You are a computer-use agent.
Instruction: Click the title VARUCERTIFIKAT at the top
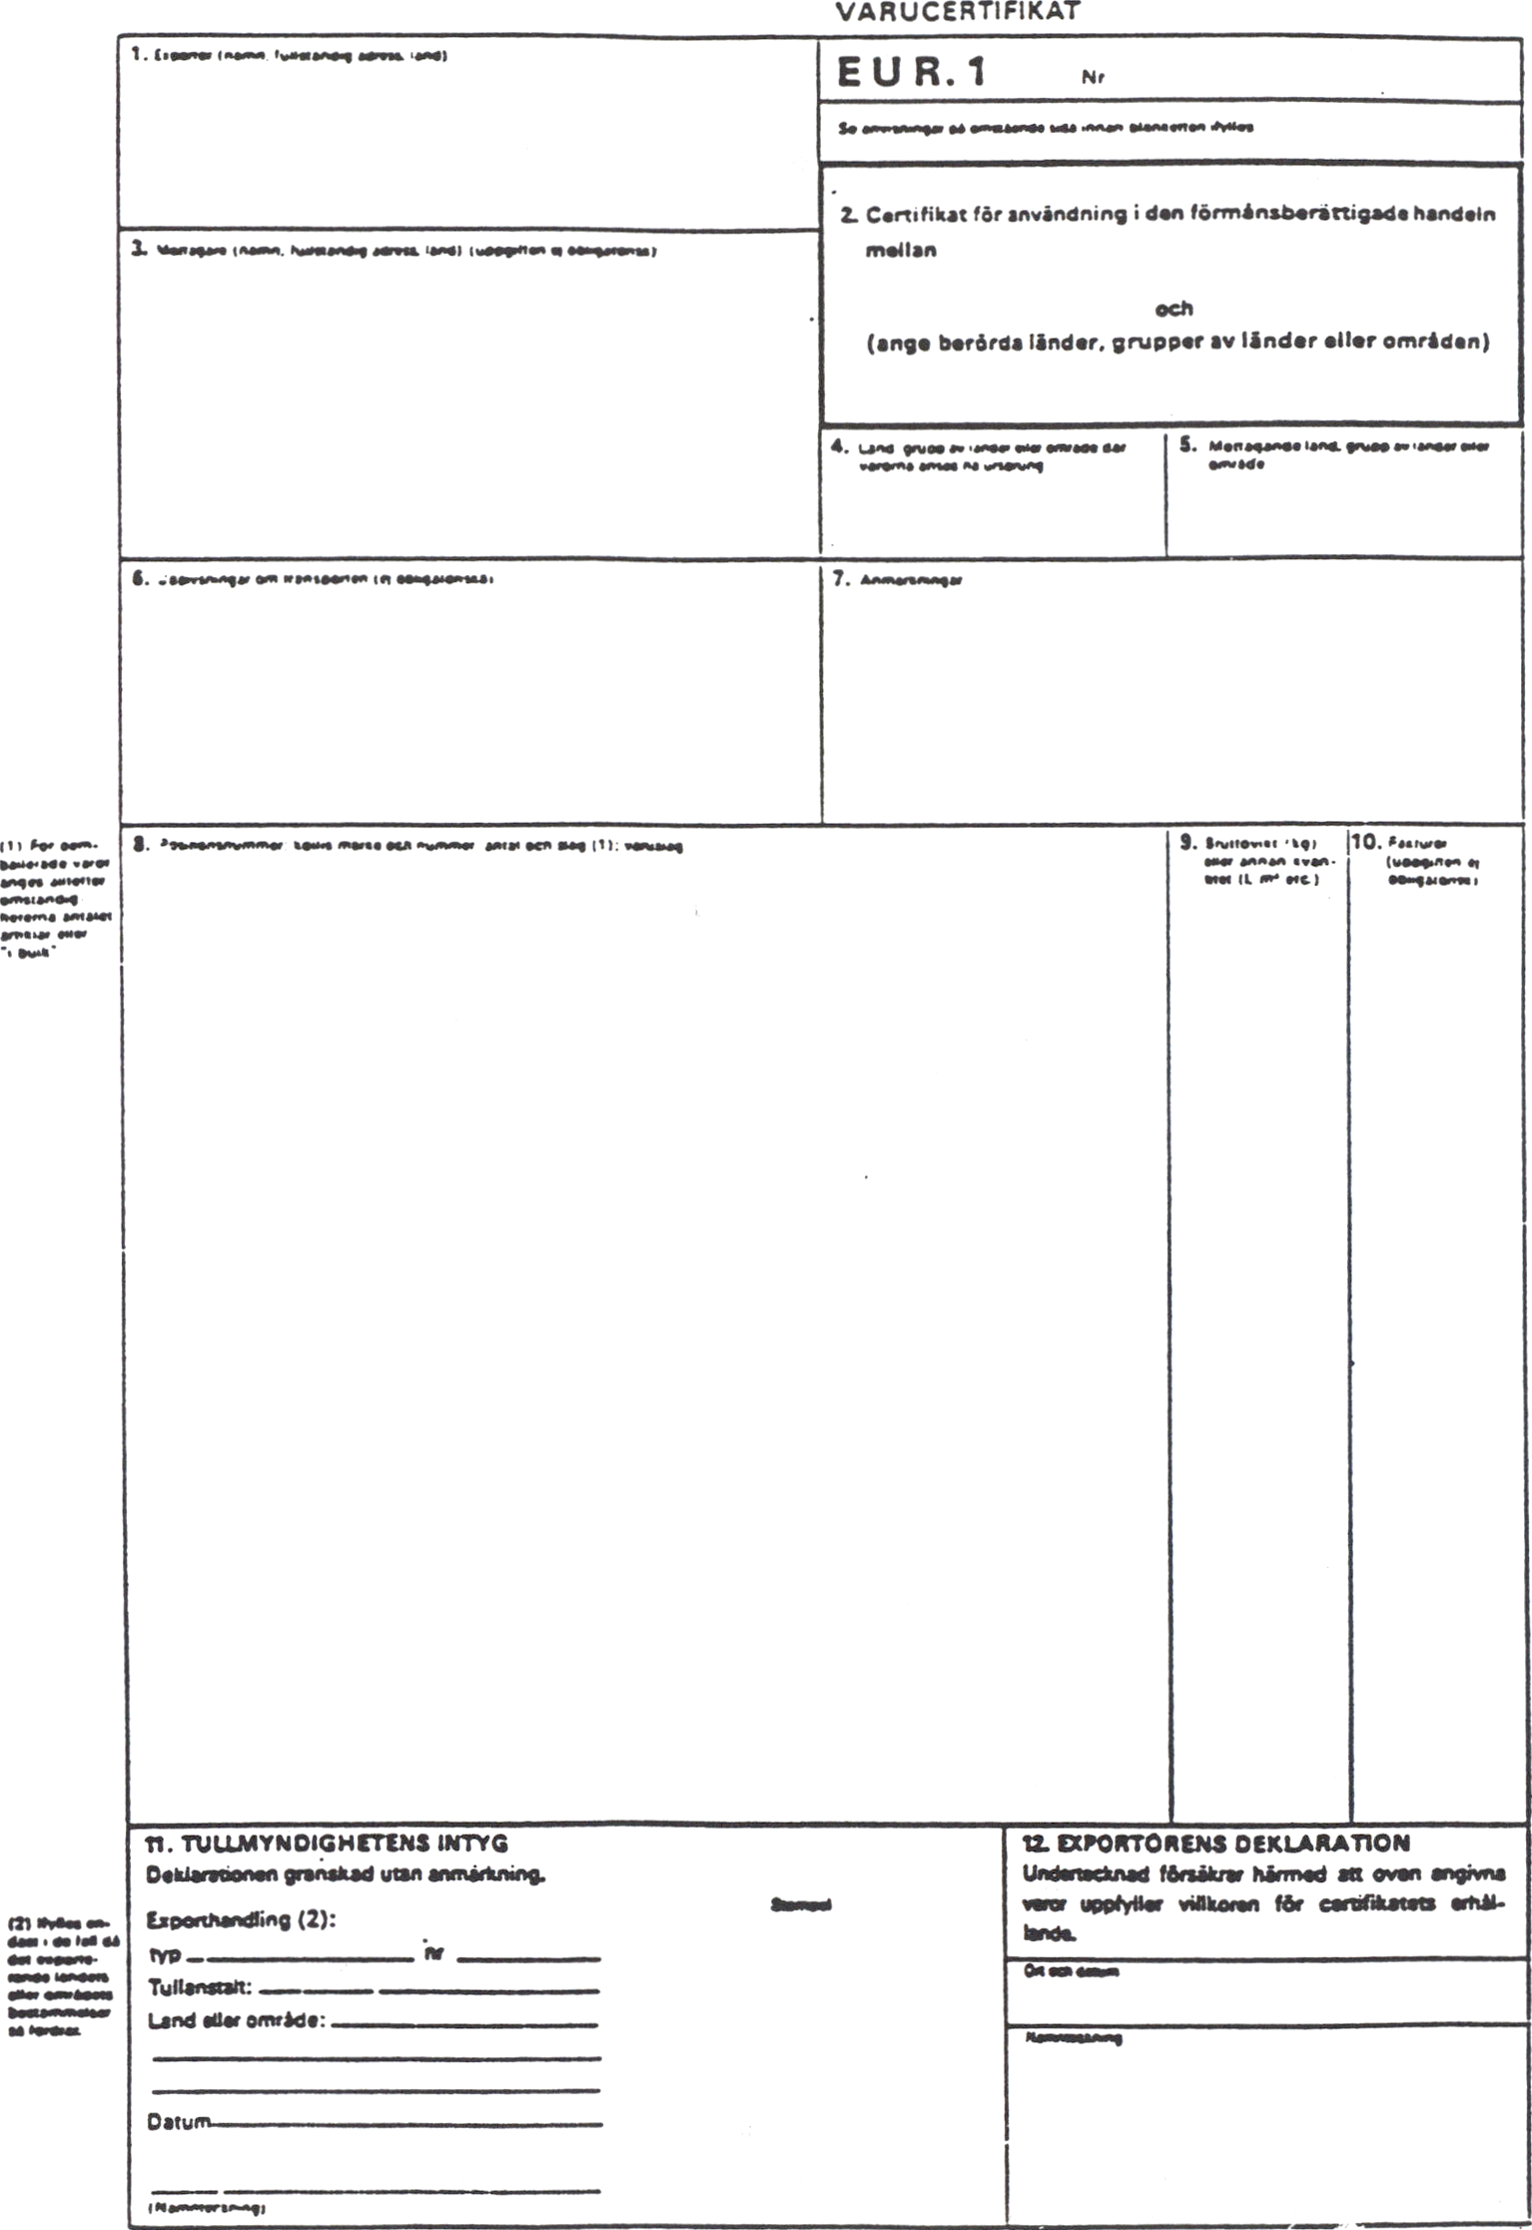point(958,12)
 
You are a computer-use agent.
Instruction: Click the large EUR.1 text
point(912,73)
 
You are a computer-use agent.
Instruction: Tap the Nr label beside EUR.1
point(1093,77)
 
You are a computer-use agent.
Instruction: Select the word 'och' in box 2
point(1173,309)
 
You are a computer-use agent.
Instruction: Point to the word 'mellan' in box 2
point(901,251)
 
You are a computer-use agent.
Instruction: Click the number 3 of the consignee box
point(138,249)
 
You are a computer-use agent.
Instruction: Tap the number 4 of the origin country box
point(839,446)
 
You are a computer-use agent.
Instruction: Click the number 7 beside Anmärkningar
point(841,579)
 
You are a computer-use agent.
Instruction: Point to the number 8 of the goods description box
point(141,844)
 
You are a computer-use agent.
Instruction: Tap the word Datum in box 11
point(179,2121)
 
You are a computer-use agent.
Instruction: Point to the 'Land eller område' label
point(237,2020)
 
